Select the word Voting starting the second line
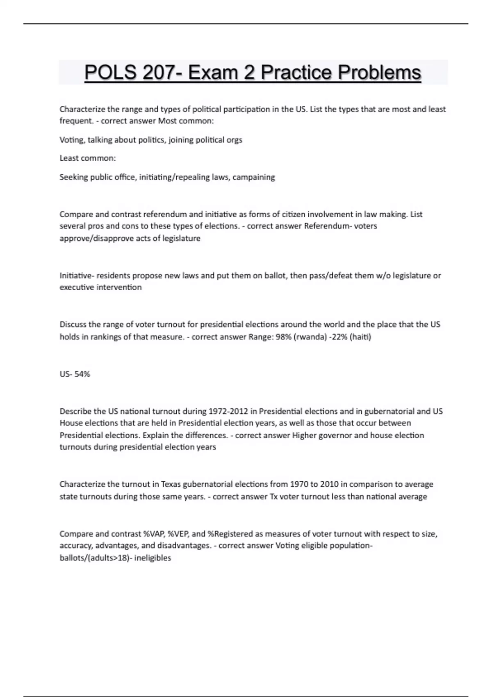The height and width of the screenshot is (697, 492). (x=72, y=140)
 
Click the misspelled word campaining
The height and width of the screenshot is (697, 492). (x=254, y=177)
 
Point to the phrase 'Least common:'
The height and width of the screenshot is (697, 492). (x=88, y=158)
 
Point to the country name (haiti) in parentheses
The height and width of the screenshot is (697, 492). (x=360, y=337)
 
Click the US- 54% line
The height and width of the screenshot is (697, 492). (x=75, y=374)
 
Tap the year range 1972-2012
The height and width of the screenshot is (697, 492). (x=228, y=411)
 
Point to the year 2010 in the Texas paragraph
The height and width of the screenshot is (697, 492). (x=329, y=484)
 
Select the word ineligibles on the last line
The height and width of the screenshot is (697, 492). (x=153, y=558)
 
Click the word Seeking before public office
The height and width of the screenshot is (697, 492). (x=74, y=177)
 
